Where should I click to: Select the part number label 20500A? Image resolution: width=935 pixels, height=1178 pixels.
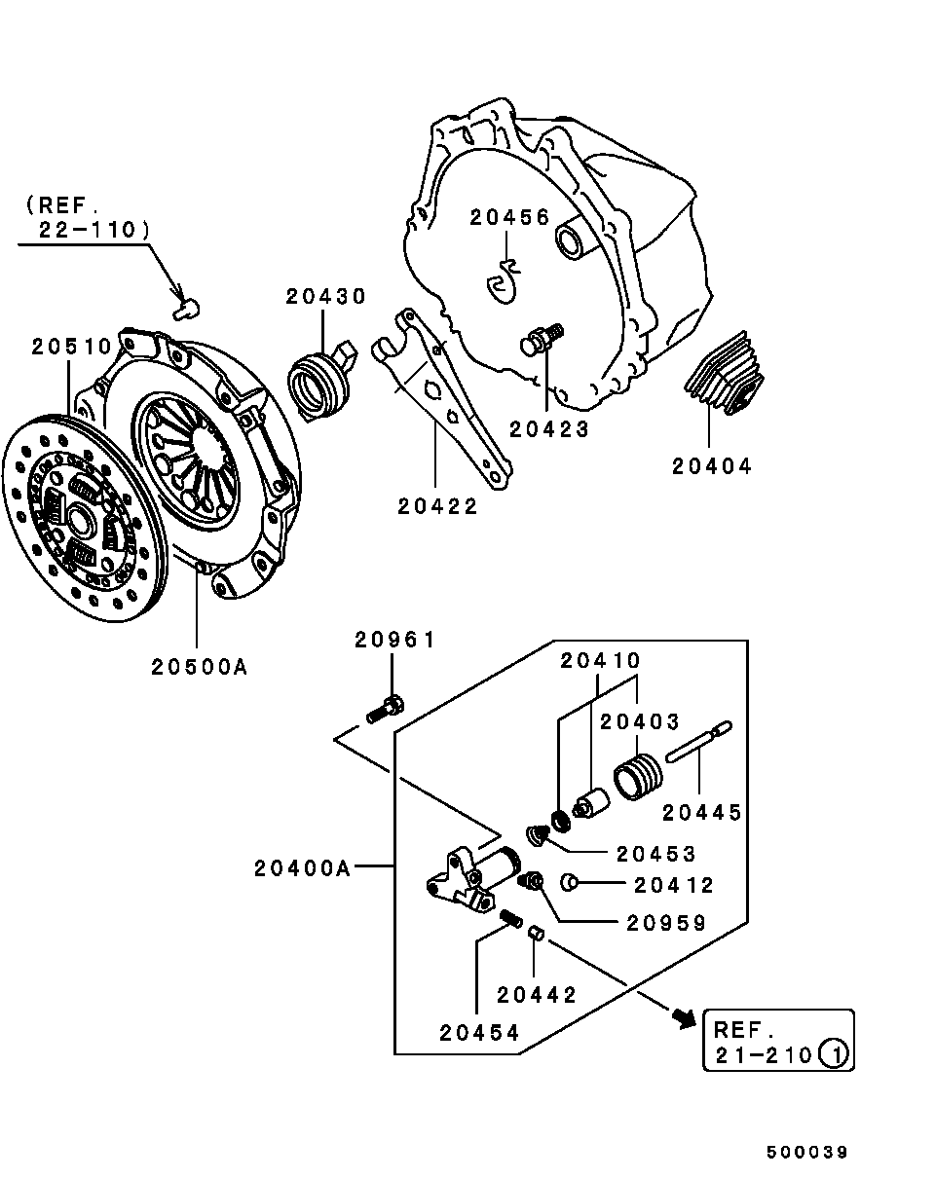point(199,667)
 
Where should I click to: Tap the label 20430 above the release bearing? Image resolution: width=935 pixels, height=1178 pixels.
point(325,296)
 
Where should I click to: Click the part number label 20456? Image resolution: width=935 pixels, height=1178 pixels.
point(509,217)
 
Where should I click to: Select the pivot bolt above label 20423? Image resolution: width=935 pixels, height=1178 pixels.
point(542,340)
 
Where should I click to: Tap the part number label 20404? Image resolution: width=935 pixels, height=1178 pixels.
point(712,466)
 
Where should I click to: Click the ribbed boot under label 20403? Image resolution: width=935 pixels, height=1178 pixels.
point(639,777)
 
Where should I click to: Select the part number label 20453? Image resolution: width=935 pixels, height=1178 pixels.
point(656,854)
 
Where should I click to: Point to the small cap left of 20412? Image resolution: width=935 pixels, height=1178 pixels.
point(570,883)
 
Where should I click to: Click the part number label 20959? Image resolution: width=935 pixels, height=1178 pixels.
point(666,923)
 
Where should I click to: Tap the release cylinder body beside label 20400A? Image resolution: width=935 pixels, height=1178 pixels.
point(477,876)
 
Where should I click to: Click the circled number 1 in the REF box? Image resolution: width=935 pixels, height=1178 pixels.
point(834,1053)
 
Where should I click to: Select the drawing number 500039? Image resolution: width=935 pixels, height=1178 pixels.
point(806,1152)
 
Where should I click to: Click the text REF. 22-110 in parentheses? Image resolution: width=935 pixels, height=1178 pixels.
point(88,217)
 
